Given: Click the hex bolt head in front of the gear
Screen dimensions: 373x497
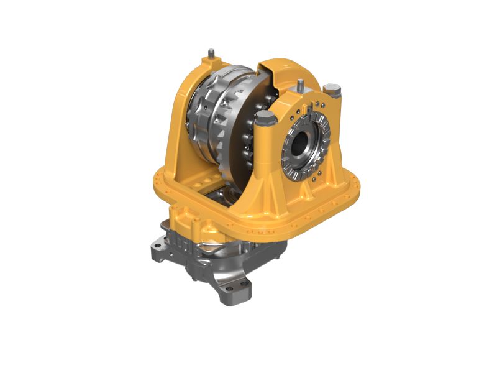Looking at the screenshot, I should [x=263, y=119].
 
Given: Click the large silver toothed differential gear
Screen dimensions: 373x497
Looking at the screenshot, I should [x=211, y=112].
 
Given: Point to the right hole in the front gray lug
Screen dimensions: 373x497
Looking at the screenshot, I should [x=245, y=287].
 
